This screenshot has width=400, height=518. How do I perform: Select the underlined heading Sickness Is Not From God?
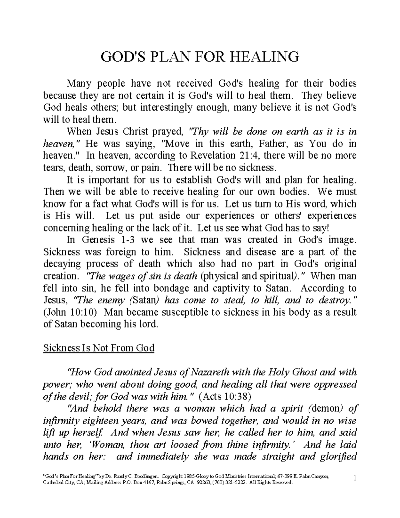(x=99, y=348)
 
